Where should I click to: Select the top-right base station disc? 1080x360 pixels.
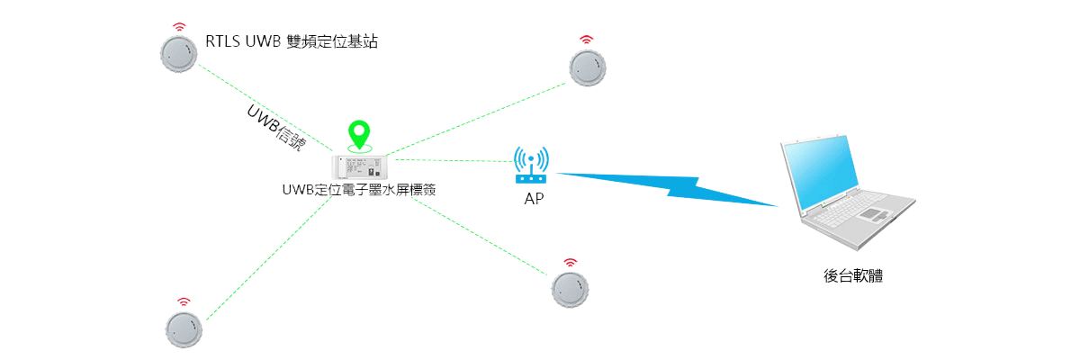587,67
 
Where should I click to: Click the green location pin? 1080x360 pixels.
360,135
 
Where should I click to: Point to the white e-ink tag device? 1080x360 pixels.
360,166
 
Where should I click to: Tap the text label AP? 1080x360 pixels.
533,197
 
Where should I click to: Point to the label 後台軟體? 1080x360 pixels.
853,275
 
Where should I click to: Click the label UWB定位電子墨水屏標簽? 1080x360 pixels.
359,191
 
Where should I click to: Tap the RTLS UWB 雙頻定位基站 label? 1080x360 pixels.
292,41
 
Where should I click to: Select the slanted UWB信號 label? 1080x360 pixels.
275,129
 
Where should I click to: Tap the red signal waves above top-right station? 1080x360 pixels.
587,40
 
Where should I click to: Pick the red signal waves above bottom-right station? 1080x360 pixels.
570,263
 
